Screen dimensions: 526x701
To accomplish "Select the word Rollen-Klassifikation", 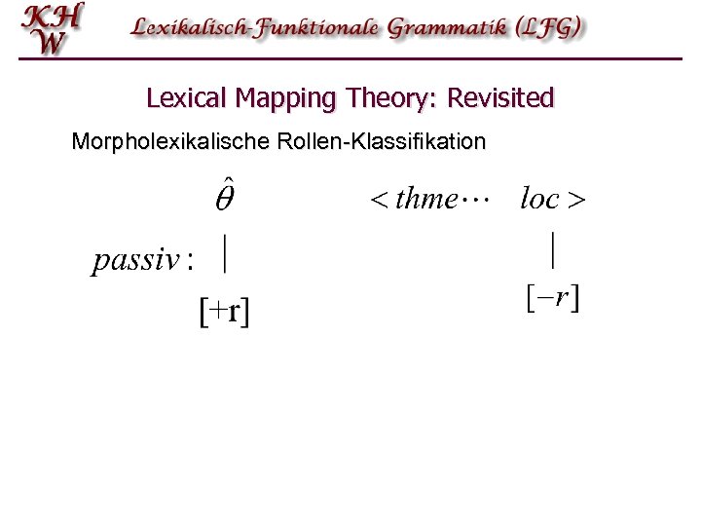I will tap(381, 142).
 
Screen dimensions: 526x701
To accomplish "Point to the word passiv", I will tap(137, 261).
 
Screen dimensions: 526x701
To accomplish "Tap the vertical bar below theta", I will tap(226, 255).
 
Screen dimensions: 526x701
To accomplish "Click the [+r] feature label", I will tap(224, 312).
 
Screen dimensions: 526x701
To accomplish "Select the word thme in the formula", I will tap(426, 200).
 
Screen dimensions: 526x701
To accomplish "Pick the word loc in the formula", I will tap(539, 200).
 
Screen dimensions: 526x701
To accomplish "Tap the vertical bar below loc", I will tap(553, 249).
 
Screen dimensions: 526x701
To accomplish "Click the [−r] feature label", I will tap(552, 297).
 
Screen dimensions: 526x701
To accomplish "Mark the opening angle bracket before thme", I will tap(378, 201).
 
